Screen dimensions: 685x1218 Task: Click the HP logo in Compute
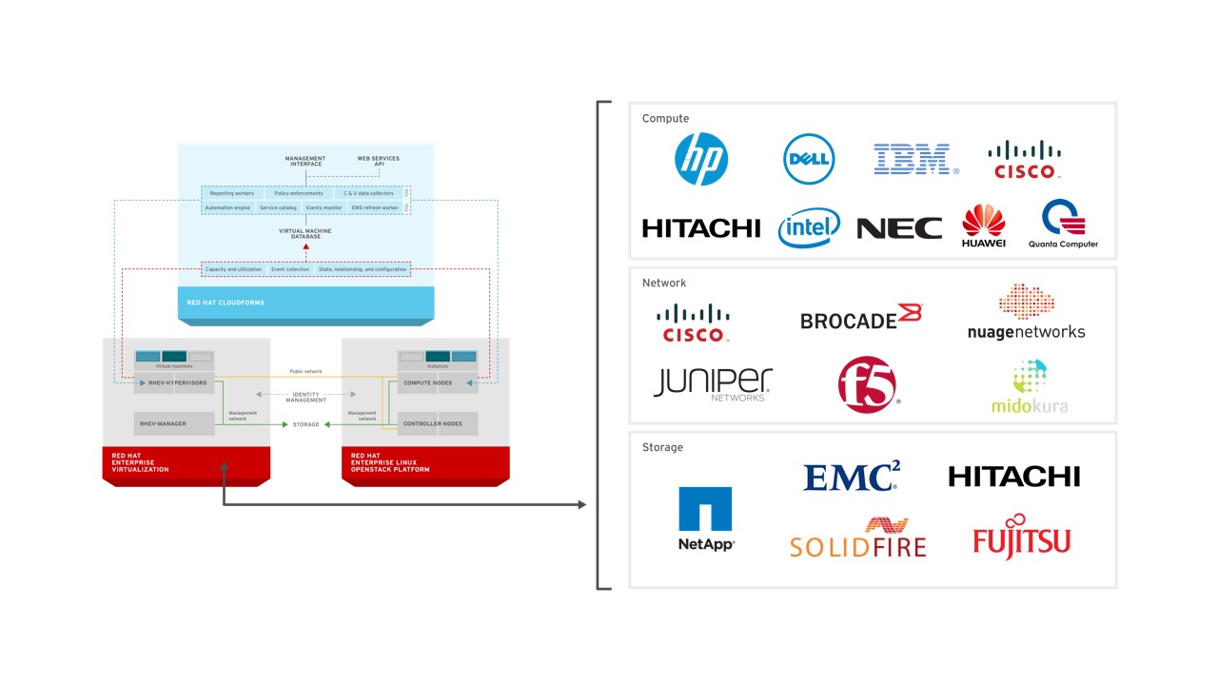click(701, 159)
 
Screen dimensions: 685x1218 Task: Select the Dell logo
click(809, 159)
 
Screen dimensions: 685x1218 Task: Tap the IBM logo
click(913, 159)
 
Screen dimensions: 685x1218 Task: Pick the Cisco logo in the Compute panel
click(1024, 160)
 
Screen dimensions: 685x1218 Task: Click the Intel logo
click(809, 227)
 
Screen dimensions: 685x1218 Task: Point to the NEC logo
click(899, 228)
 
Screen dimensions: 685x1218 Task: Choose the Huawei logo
click(984, 226)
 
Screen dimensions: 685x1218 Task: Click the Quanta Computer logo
click(1063, 224)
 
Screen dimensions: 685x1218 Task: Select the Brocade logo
click(861, 318)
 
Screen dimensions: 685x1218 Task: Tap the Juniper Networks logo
click(713, 383)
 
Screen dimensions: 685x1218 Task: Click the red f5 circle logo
click(867, 385)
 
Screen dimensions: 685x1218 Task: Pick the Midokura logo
click(1029, 387)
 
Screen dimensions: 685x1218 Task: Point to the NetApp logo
click(705, 519)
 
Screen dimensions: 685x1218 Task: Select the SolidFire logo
click(857, 538)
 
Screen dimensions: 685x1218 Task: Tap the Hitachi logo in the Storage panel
click(1013, 476)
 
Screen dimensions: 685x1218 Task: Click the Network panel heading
click(664, 283)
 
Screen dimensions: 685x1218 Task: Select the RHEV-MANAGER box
click(174, 423)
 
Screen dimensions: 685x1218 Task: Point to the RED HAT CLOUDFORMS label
click(226, 303)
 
